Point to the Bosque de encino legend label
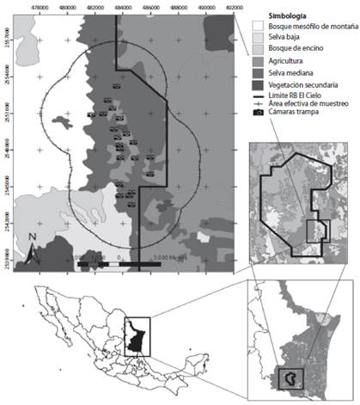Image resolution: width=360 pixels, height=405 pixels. [x=290, y=51]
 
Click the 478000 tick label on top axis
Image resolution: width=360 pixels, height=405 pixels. [x=40, y=7]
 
